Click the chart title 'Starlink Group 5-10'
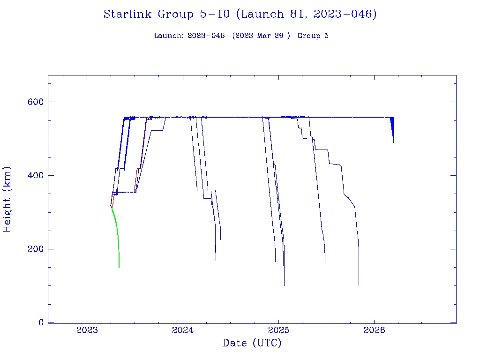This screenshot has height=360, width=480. coord(166,15)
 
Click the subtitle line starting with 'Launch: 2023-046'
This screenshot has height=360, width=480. coord(241,36)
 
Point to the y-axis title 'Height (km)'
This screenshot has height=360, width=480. coord(7,199)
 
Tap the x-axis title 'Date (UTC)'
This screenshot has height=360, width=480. coord(252,344)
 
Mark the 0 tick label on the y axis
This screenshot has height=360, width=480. coord(41,323)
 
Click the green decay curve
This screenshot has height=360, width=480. coord(117,230)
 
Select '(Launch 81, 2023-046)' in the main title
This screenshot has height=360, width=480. coord(306,15)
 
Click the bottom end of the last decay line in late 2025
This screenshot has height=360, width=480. coord(359,285)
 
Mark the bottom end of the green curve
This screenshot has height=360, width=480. coord(119,267)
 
